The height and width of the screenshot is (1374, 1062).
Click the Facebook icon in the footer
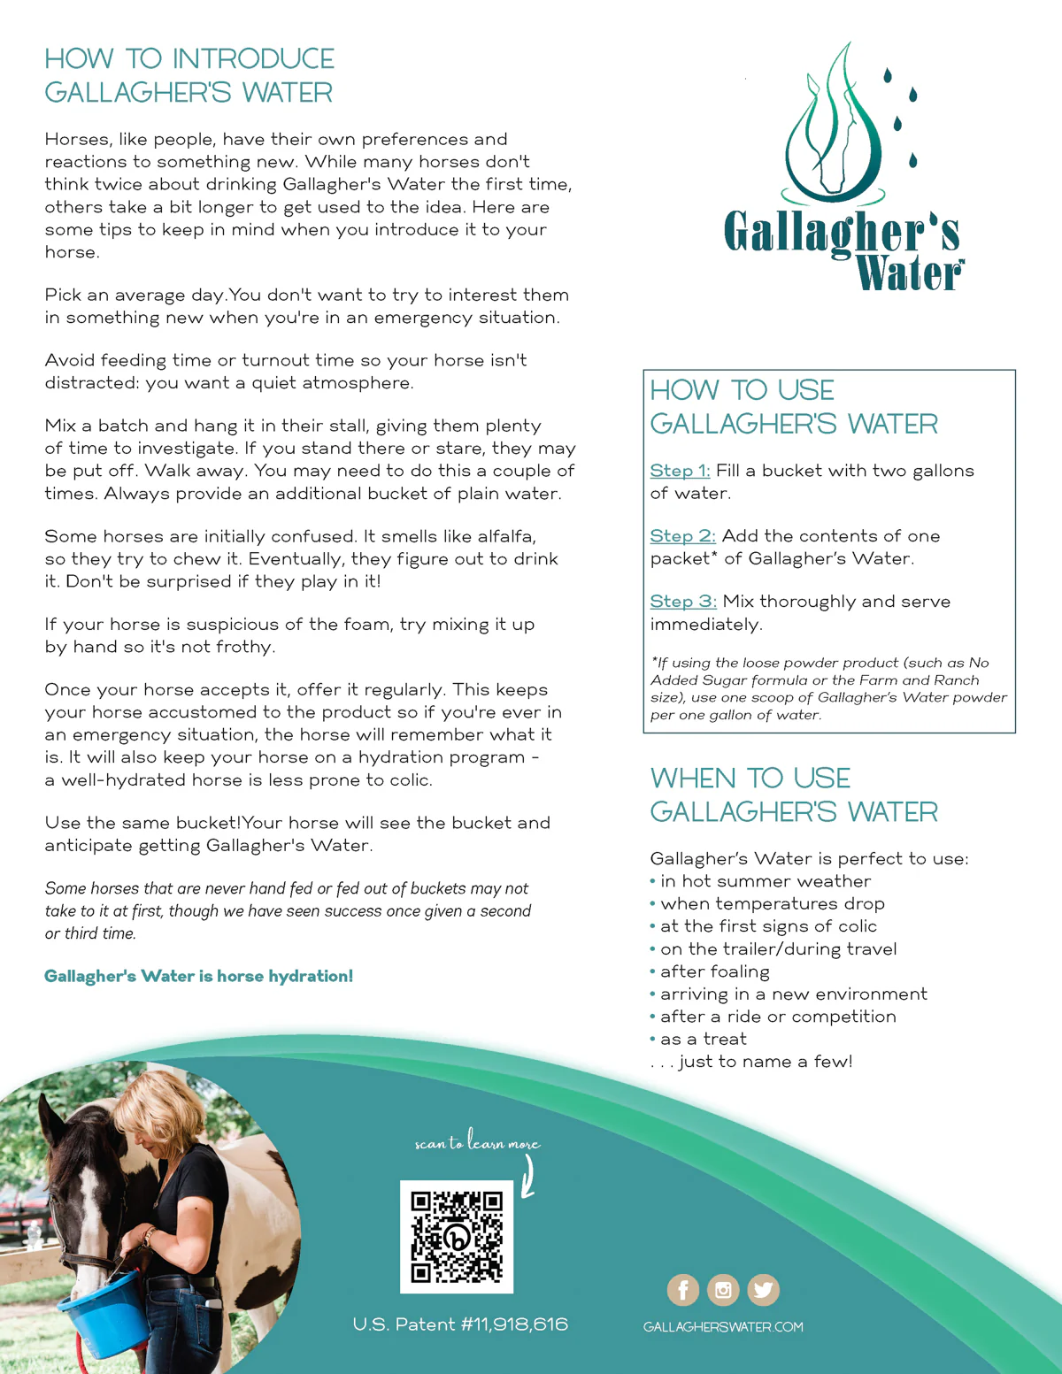682,1290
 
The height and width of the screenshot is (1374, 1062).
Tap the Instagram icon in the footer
723,1290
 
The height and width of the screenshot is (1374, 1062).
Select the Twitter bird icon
763,1290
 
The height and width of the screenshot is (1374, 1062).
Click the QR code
457,1236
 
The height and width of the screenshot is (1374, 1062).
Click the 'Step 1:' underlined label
680,471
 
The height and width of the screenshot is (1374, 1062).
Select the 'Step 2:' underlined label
682,536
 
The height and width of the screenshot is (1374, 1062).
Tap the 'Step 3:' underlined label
683,602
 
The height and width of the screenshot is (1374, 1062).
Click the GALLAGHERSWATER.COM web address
723,1327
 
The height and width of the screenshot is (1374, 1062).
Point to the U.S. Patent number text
460,1324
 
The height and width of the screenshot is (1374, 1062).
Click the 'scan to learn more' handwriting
477,1141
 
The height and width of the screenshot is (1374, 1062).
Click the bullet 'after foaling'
714,971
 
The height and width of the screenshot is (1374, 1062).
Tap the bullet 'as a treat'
703,1039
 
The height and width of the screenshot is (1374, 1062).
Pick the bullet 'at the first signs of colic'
767,926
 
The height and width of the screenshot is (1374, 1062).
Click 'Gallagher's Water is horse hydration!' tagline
198,976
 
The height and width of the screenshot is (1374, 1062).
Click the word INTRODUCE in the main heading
253,58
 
